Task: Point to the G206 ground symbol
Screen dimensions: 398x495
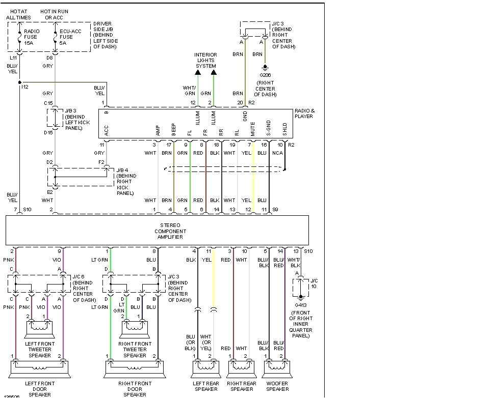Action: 265,67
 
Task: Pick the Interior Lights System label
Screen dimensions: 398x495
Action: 205,60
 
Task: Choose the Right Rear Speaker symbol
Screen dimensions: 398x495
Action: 240,366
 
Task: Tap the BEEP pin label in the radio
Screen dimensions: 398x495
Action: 174,132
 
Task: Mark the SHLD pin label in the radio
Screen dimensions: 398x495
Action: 285,132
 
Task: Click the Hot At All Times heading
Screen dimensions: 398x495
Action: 19,14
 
